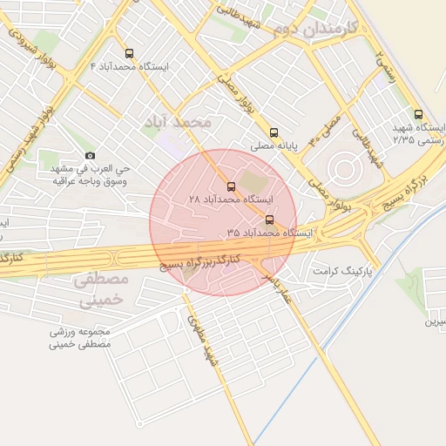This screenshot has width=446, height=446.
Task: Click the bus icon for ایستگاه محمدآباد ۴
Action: [130, 53]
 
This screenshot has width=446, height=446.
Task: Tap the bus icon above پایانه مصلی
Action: [274, 133]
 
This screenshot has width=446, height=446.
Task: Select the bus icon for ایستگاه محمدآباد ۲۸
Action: [231, 186]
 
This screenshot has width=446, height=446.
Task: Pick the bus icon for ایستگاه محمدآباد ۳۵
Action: [269, 220]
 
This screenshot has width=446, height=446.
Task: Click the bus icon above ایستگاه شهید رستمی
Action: [418, 114]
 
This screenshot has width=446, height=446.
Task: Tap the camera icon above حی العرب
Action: [91, 156]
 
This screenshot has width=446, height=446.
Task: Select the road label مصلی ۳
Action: [336, 125]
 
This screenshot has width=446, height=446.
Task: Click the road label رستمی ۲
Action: [385, 65]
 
